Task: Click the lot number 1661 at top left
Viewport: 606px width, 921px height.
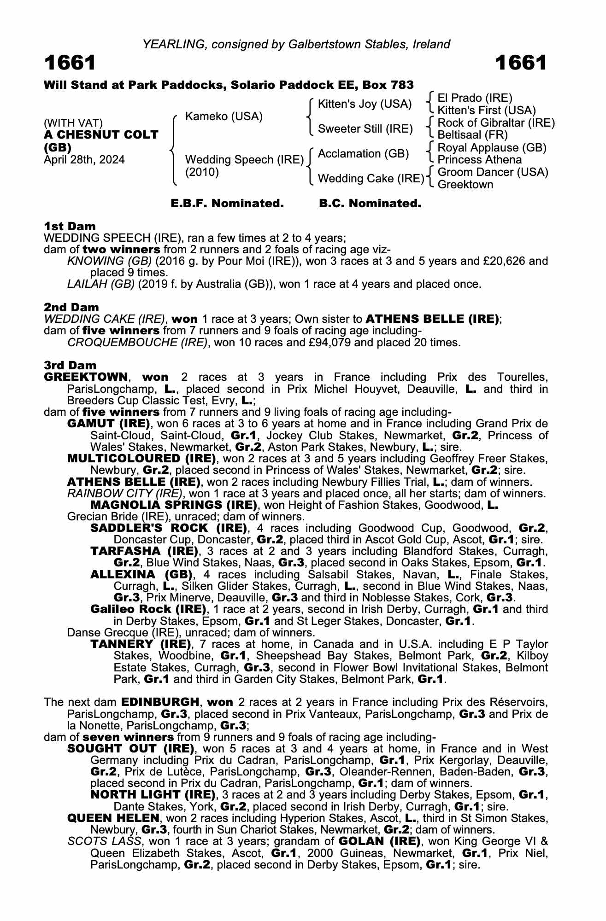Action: click(x=70, y=63)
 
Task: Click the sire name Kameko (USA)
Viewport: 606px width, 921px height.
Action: click(x=224, y=117)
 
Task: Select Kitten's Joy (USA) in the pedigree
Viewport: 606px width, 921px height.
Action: click(x=365, y=105)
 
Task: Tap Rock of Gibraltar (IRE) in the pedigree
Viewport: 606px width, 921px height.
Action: click(x=496, y=123)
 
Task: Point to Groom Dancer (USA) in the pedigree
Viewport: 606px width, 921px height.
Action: click(x=493, y=172)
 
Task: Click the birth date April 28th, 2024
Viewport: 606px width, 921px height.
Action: click(x=84, y=160)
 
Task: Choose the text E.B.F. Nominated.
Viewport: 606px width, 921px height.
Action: click(x=227, y=204)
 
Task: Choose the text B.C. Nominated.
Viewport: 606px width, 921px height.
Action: click(x=370, y=204)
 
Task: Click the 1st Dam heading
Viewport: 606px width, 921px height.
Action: click(x=70, y=226)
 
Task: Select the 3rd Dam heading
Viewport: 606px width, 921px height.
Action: click(x=70, y=365)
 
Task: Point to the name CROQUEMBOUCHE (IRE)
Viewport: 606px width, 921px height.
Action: click(x=137, y=343)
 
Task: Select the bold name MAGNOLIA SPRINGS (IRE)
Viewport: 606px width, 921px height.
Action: click(x=174, y=505)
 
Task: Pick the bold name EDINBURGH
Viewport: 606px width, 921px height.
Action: click(x=160, y=702)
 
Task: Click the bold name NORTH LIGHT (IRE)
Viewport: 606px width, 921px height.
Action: click(x=153, y=795)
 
